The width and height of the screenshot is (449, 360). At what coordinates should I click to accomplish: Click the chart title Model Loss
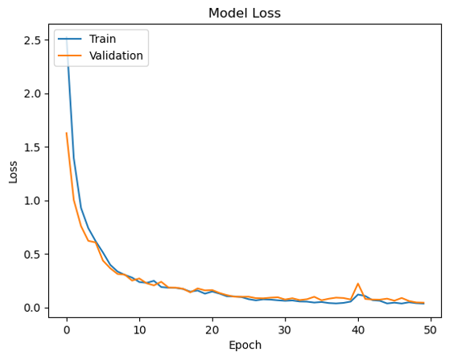pos(245,13)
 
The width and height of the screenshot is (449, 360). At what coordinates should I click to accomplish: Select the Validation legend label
pos(116,56)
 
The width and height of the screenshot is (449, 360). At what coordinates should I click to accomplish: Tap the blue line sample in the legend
pos(69,39)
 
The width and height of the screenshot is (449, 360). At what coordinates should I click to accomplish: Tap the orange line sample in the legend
pos(69,56)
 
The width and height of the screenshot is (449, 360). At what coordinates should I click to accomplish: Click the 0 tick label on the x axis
pos(67,330)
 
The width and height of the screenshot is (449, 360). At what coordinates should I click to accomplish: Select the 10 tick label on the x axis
pos(139,330)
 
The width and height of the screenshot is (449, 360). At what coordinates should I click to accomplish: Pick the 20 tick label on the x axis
pos(212,330)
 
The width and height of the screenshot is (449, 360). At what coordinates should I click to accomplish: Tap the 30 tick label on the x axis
pos(285,330)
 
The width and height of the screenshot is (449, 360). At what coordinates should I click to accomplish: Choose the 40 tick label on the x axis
pos(358,330)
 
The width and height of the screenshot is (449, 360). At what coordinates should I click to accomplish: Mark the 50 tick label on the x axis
pos(430,330)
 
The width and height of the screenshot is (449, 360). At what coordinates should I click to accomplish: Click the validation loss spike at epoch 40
pos(358,283)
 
